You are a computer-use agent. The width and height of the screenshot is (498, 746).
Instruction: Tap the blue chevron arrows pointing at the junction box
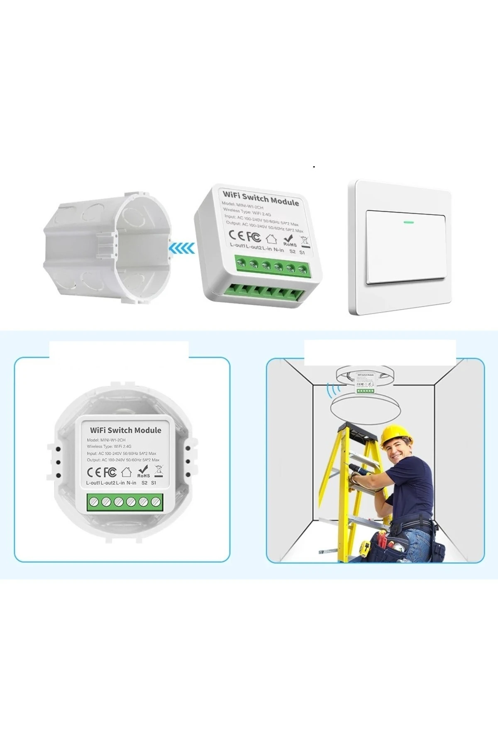click(182, 248)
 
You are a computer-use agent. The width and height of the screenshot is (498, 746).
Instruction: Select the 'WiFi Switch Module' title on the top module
click(261, 199)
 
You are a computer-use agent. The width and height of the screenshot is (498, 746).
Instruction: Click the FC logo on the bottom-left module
click(110, 472)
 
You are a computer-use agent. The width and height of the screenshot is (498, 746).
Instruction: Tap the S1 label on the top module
click(302, 252)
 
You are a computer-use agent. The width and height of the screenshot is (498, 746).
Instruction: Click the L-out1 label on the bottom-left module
click(93, 483)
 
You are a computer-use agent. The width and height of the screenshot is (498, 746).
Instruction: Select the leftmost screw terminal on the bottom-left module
click(93, 502)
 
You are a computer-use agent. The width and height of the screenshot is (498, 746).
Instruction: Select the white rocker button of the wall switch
click(406, 247)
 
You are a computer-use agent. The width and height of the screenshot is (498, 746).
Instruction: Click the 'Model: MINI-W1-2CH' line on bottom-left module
click(106, 440)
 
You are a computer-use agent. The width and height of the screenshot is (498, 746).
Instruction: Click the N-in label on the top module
click(279, 250)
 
